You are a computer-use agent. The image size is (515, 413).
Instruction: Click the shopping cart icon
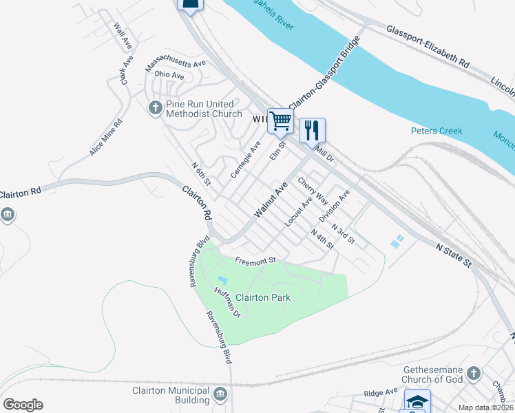coord(280,121)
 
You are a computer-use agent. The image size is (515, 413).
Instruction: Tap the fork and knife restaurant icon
coord(312,129)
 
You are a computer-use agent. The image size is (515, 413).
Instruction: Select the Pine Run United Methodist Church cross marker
coord(155,107)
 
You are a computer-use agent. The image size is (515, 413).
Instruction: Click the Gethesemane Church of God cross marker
coord(472,373)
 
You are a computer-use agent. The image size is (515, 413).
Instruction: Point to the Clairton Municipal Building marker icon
coord(220,394)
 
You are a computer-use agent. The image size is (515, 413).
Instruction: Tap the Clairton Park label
coord(263,297)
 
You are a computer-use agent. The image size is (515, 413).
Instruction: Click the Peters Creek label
coord(437,131)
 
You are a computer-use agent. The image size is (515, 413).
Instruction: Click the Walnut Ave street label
coord(271,200)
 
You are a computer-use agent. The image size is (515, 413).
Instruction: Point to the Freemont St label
coord(255,260)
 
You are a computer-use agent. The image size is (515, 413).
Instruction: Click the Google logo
coord(23,405)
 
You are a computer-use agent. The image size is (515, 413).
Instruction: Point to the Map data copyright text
coord(485,407)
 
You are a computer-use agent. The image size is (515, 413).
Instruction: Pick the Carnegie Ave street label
coord(246,159)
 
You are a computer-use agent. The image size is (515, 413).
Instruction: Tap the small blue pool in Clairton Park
coord(222,279)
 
